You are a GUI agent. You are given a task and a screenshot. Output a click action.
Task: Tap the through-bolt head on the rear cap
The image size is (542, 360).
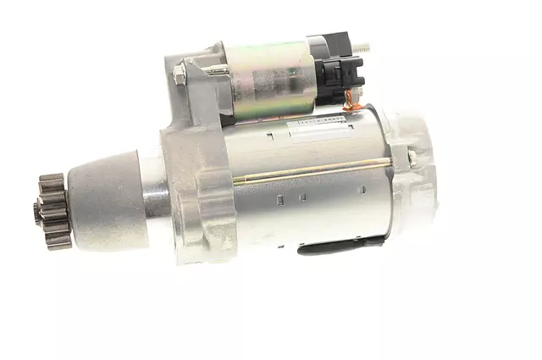coord(411,156)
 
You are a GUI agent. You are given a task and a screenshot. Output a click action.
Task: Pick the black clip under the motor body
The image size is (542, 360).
coord(335,248)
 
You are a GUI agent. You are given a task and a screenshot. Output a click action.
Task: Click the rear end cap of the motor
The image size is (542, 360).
coord(415,178)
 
